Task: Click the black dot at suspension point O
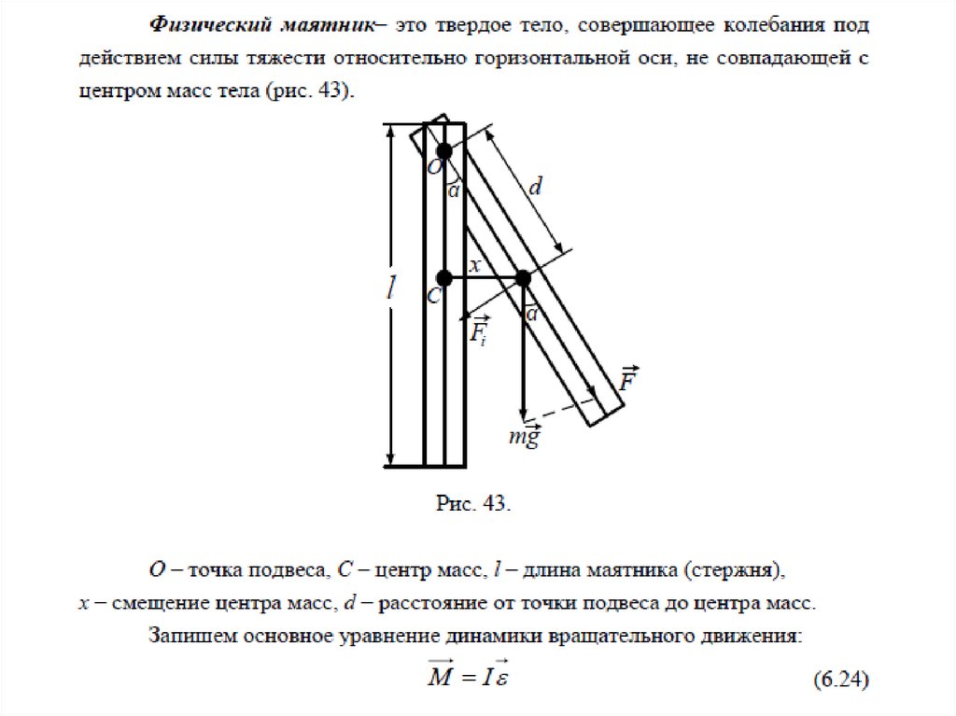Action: click(x=443, y=150)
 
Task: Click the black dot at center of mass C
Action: click(x=444, y=277)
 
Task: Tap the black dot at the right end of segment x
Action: click(x=523, y=277)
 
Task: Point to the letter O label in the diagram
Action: click(x=434, y=169)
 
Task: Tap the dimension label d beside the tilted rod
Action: click(x=536, y=188)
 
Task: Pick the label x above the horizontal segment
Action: click(x=474, y=265)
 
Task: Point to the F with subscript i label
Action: click(x=479, y=331)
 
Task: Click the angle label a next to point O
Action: click(x=455, y=191)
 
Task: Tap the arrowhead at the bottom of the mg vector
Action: click(x=523, y=414)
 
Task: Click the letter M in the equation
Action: click(x=440, y=677)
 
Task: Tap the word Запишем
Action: click(x=193, y=638)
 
